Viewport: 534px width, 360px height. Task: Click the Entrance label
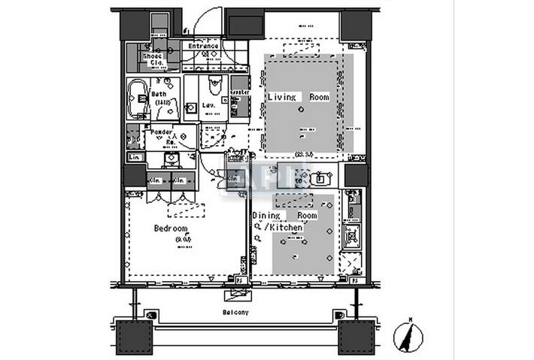point(203,46)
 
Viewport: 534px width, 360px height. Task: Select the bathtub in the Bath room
point(140,98)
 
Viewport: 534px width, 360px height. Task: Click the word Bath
point(159,94)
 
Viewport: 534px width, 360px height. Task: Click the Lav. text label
point(210,106)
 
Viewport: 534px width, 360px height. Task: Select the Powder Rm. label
point(162,135)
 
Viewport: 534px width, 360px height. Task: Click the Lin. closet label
point(135,157)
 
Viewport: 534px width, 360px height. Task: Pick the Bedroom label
point(171,228)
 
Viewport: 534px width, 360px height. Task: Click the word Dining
point(267,216)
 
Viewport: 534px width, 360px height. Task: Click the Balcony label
point(236,311)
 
